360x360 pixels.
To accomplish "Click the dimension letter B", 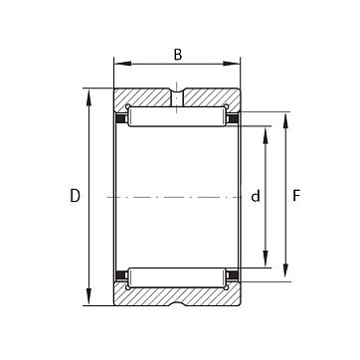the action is coord(178,55).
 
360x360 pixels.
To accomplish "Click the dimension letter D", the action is coord(75,196).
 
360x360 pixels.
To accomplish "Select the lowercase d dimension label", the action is coord(256,196).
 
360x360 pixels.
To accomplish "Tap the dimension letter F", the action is coord(296,196).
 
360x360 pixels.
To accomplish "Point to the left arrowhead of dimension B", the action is coord(122,64).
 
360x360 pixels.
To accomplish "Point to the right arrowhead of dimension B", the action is coord(232,64).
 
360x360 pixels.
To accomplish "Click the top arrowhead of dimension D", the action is coord(89,97).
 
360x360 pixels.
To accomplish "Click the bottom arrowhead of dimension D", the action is coord(89,297).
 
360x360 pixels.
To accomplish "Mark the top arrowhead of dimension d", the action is coord(266,135).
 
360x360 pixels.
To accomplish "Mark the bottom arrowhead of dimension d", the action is coord(266,259).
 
